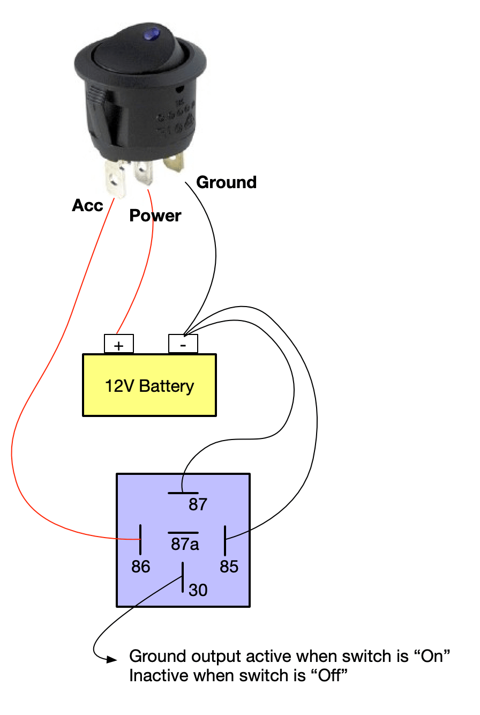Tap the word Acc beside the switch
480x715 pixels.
click(x=87, y=205)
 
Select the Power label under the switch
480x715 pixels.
click(x=155, y=215)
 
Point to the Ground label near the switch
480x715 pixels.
click(x=227, y=182)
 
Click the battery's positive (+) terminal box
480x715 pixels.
click(x=118, y=344)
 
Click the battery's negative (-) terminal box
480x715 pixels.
click(x=183, y=344)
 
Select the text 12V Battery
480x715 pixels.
click(x=149, y=386)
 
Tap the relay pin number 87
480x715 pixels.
click(x=197, y=504)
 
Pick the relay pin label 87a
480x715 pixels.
click(x=185, y=545)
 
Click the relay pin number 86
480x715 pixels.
click(x=141, y=567)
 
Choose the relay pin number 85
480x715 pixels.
click(x=229, y=567)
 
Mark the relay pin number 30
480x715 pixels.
click(x=198, y=590)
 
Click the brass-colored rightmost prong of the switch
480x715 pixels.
click(x=176, y=163)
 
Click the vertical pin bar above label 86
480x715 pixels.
click(x=140, y=540)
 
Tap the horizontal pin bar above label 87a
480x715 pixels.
click(x=184, y=533)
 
